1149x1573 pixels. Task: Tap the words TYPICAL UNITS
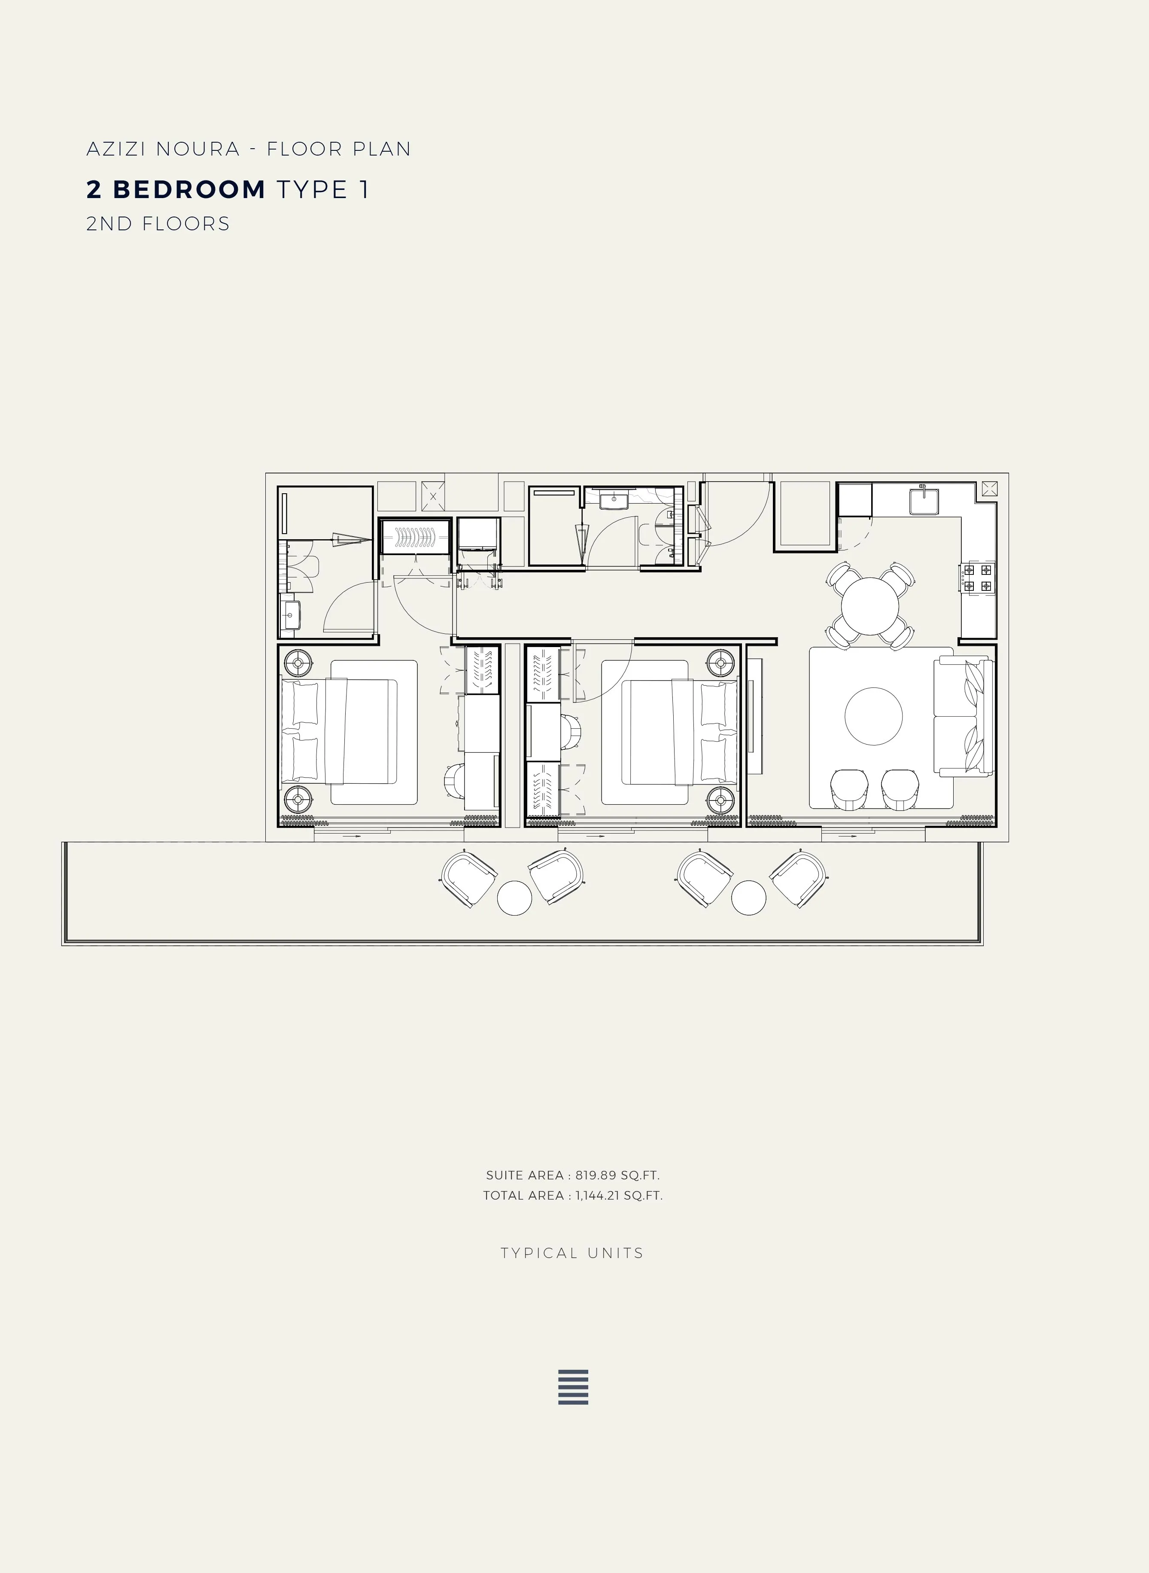(572, 1253)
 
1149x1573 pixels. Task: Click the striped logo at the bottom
(573, 1387)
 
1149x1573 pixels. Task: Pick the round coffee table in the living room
(874, 716)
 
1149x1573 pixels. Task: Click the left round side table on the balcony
(515, 898)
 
